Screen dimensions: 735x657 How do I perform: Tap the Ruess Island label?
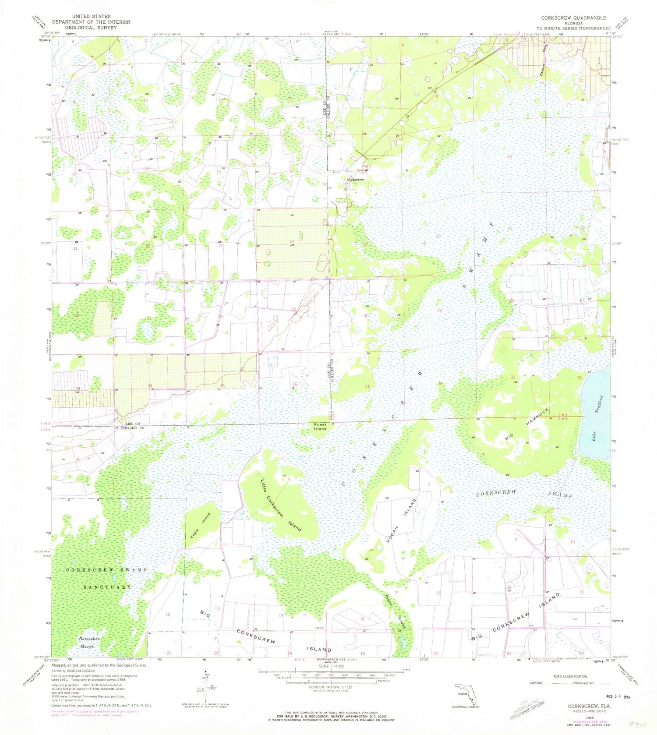(x=320, y=426)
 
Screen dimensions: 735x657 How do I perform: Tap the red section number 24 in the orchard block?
(x=292, y=241)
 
